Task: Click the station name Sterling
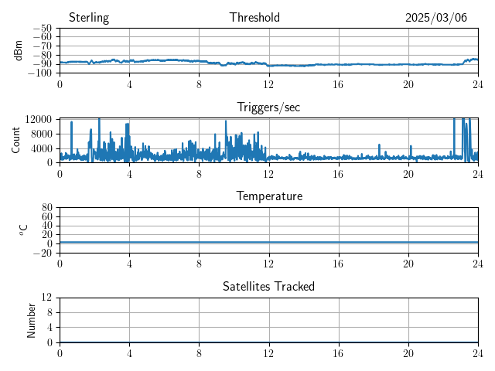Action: (89, 18)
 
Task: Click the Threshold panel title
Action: (254, 18)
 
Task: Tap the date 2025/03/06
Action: (436, 18)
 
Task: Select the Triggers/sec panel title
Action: (268, 107)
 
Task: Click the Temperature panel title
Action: (268, 196)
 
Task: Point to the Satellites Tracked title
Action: (268, 287)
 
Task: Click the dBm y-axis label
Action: (19, 50)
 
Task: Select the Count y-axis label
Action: (16, 140)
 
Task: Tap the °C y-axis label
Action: (23, 230)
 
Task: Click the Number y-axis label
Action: (32, 319)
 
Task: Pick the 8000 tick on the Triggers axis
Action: (41, 133)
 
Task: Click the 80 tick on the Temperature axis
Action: (47, 208)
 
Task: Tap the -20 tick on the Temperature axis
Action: (43, 253)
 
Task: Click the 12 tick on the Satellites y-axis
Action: (47, 298)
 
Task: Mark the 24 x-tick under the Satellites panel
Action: (478, 352)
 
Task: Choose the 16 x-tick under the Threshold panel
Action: (339, 83)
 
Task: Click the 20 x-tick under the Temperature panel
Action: (408, 263)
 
